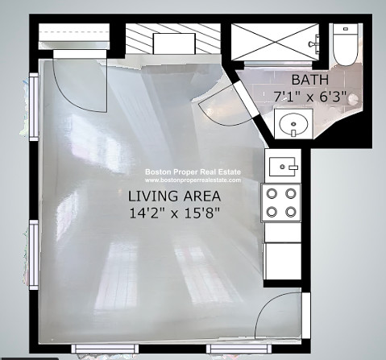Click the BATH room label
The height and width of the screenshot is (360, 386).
tap(310, 80)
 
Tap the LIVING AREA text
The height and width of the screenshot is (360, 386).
tap(174, 196)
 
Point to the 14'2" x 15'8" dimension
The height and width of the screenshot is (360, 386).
tap(174, 213)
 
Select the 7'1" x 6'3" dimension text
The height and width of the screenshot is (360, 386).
tap(310, 97)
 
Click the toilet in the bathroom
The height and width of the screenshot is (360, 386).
tap(346, 44)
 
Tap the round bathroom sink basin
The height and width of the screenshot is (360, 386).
tap(293, 124)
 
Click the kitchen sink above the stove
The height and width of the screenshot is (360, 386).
tap(283, 167)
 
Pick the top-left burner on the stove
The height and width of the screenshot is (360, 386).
tap(272, 193)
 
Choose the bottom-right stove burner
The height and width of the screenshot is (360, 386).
tap(291, 212)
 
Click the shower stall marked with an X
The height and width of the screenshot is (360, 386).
tap(275, 43)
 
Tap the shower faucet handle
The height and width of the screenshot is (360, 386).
tap(313, 43)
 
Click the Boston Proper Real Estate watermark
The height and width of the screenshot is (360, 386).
tap(193, 172)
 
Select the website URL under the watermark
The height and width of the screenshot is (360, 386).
tap(193, 180)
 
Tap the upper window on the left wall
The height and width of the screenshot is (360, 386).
tap(34, 106)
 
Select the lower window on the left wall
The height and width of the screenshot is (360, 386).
tap(34, 254)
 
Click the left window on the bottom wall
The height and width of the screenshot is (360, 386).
tap(105, 349)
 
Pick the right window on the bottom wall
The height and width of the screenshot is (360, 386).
tap(239, 349)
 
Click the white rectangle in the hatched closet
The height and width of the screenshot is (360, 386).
tap(174, 43)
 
